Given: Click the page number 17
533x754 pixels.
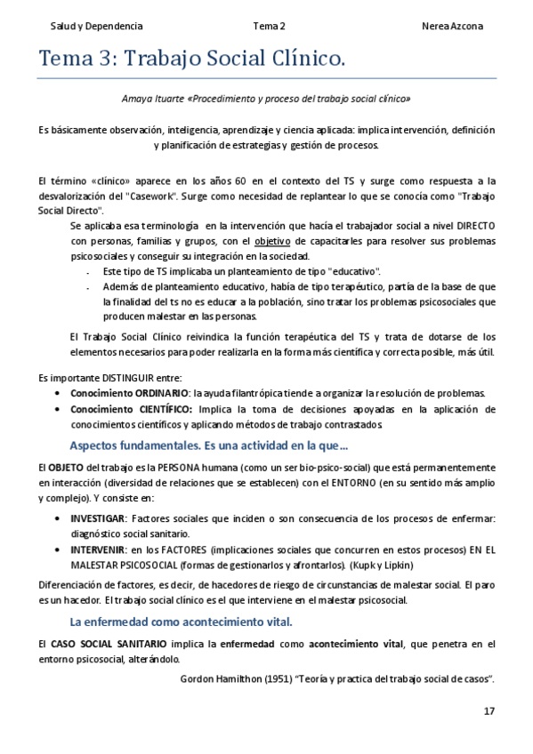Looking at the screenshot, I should coord(489,710).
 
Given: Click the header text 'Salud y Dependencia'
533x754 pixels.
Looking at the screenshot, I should coord(96,27).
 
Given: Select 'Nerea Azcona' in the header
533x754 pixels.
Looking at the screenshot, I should coord(452,27).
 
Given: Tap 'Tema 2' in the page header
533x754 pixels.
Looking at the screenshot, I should coord(269,27).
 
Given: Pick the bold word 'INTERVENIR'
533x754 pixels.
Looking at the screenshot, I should coord(99,550).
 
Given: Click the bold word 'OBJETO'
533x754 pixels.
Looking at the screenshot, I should coord(65,467).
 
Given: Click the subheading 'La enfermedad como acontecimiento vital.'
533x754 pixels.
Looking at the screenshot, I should coord(181,622).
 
